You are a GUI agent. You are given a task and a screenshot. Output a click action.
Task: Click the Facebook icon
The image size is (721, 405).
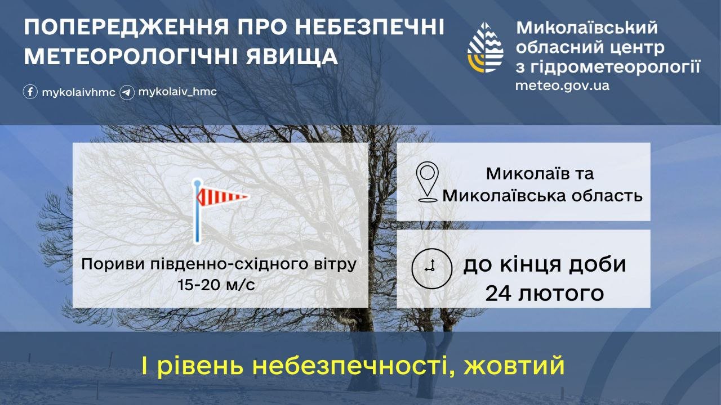(x=30, y=92)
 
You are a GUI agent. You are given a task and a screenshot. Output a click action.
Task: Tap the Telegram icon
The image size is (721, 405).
(x=127, y=93)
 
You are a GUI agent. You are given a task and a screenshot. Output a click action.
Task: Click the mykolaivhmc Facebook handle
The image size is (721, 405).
(x=78, y=93)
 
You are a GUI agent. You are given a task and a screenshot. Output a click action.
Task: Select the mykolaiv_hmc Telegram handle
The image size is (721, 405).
(x=177, y=92)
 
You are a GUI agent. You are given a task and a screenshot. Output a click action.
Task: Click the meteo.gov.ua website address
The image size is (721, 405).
(x=562, y=86)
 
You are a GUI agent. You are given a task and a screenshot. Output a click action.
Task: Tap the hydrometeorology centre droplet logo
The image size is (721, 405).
(x=485, y=47)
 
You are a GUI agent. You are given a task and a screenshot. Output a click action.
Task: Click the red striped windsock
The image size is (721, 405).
(x=221, y=196)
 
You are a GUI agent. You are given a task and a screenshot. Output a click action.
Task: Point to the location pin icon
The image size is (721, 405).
(x=427, y=182)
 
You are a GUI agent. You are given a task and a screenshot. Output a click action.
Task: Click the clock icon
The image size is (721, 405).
(x=431, y=268)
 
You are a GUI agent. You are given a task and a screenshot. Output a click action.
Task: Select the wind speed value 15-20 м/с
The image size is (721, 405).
(x=216, y=285)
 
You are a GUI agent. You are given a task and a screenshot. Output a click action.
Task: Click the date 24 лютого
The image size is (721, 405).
(x=544, y=293)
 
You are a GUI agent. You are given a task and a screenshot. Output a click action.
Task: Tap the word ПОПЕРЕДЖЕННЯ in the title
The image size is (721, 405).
(x=126, y=27)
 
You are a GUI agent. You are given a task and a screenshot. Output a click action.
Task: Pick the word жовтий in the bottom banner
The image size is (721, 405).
(x=514, y=366)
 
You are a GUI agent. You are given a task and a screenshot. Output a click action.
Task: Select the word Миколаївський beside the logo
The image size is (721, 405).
(x=587, y=28)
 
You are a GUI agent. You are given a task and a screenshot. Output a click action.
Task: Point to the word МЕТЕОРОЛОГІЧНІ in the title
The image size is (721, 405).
(x=132, y=57)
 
